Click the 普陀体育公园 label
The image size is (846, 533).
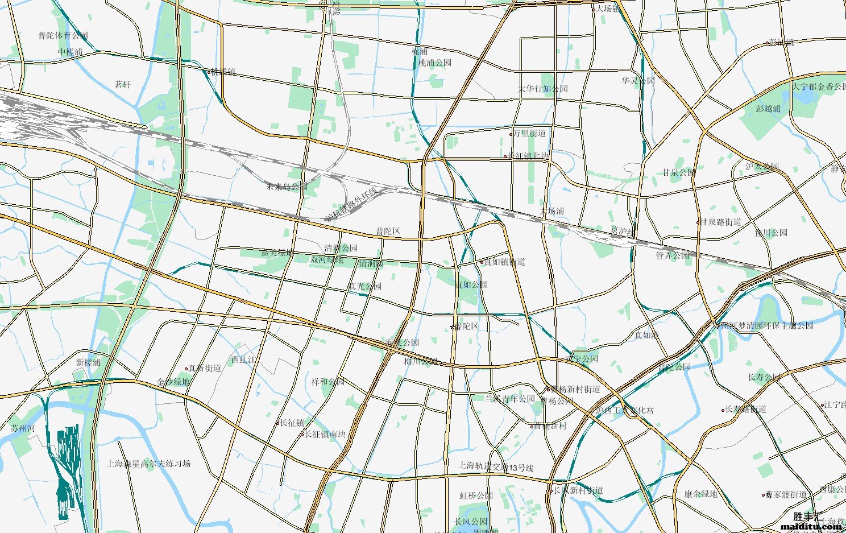coord(63,36)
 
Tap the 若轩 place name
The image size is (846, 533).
coord(123,85)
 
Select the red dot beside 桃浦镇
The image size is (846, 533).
coord(209,72)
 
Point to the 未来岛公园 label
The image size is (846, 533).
coord(287,187)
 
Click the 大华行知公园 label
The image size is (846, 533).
coord(542,89)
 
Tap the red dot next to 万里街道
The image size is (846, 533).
coord(511,134)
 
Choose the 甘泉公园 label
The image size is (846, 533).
coord(678,172)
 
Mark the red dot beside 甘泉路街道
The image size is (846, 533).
coord(698,222)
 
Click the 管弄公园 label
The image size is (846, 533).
coord(672,255)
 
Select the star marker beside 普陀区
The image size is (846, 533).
coord(453,327)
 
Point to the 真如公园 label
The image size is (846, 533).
coord(471,284)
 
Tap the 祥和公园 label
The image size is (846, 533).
coord(328,382)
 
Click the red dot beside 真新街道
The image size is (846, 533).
coord(186,369)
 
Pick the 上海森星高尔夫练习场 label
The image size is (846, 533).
coord(148,464)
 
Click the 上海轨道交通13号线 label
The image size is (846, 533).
coord(496,468)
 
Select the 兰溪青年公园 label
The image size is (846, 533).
coord(509,399)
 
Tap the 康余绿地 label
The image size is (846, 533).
coord(700,494)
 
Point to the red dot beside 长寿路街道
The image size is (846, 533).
coord(723,410)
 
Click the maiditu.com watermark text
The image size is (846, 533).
coord(811,527)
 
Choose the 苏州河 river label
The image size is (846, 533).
coord(23,428)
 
